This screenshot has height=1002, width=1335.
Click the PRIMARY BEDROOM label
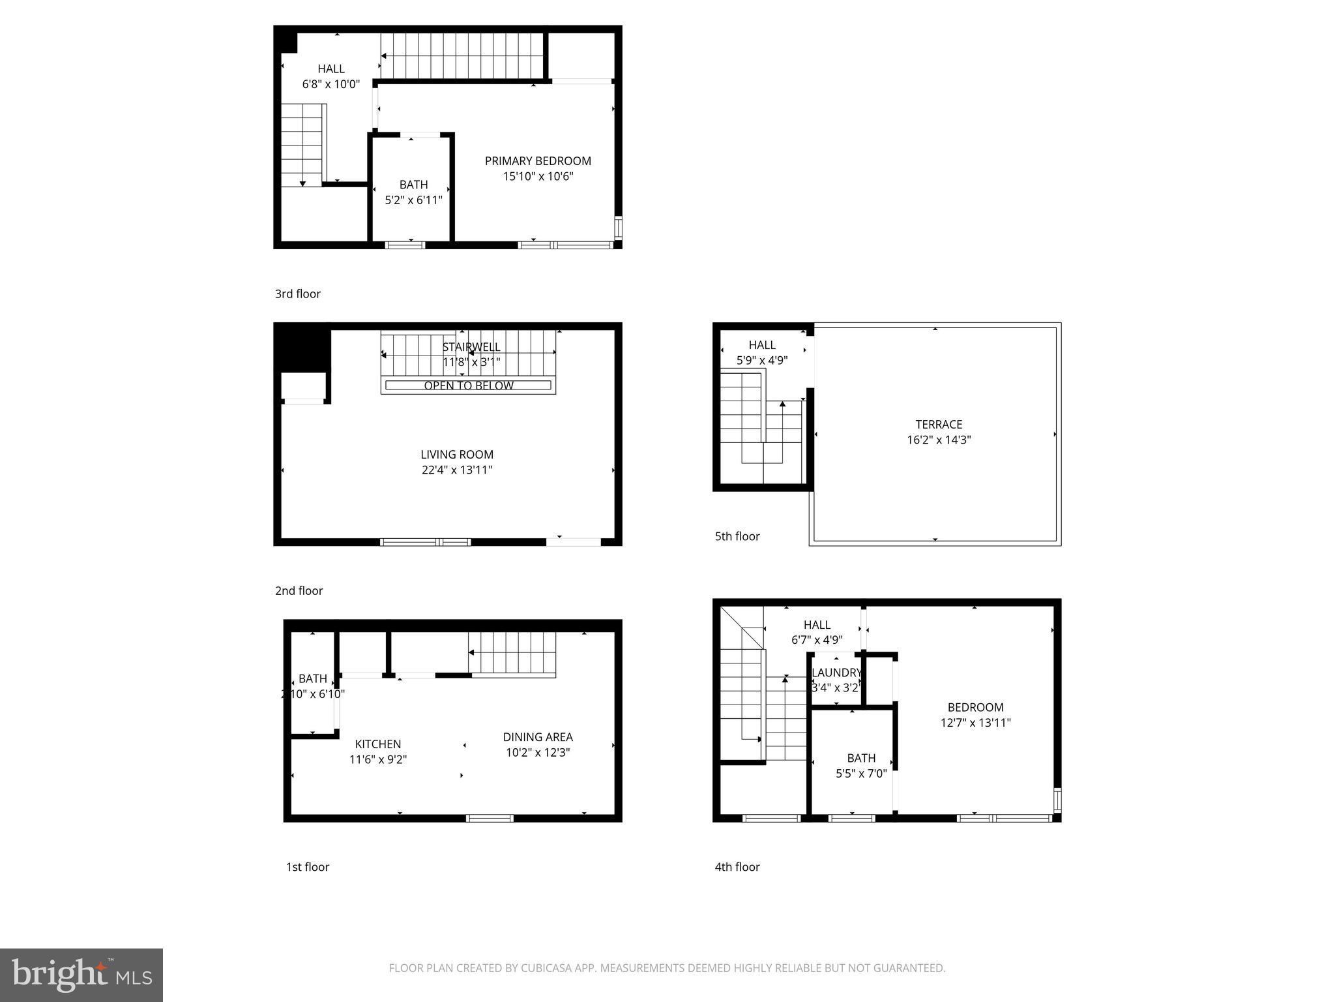(x=538, y=161)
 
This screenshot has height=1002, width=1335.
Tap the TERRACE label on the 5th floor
(x=939, y=425)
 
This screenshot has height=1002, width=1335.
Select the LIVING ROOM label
(x=457, y=455)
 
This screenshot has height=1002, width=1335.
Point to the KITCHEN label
(x=378, y=744)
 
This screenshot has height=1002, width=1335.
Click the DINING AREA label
(x=538, y=737)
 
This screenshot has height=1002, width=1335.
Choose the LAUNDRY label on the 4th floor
(x=836, y=673)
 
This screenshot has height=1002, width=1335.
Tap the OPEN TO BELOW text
(x=469, y=386)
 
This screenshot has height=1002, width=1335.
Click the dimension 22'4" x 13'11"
(x=457, y=470)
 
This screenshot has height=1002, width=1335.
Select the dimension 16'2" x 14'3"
(x=939, y=440)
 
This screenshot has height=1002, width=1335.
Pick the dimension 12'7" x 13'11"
(x=975, y=723)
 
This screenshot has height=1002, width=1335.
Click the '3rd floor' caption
(x=298, y=294)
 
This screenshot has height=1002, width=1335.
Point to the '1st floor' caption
(x=308, y=867)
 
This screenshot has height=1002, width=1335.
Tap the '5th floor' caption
(x=737, y=536)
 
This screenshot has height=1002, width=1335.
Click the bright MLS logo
(x=81, y=975)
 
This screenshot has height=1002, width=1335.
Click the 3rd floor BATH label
(x=413, y=185)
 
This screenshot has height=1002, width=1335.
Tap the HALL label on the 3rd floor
(x=331, y=69)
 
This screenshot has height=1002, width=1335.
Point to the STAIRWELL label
(x=471, y=347)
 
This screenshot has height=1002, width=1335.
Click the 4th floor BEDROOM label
(x=975, y=707)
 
